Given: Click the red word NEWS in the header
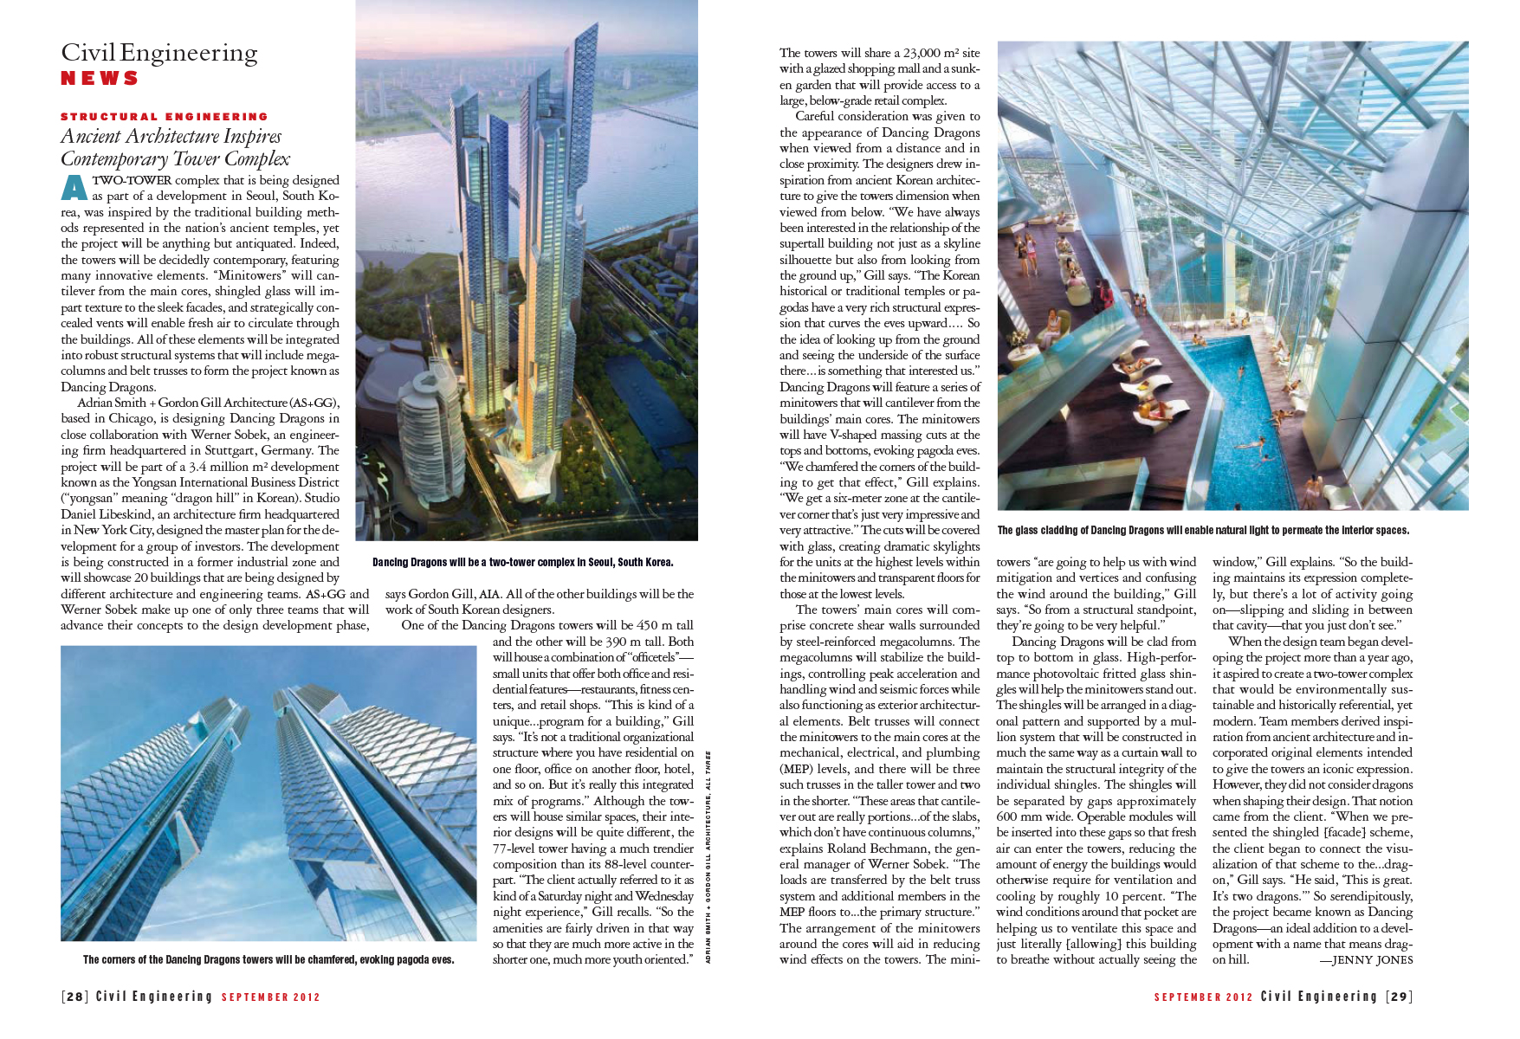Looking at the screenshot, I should coord(100,78).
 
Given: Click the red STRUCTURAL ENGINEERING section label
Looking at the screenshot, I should coord(165,116).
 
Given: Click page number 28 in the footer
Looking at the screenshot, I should coord(74,997).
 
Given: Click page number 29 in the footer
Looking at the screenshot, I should coord(1399,997).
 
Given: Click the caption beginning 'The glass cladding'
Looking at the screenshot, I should coord(1203,530).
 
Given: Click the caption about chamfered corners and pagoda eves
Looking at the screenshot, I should coord(268,959).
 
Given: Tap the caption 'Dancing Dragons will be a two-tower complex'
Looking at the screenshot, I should coord(522,562).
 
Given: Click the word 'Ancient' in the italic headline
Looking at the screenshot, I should coord(91,137).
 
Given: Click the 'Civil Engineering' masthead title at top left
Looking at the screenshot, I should coord(159,53).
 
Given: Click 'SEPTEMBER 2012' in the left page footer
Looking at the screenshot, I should coord(271,997).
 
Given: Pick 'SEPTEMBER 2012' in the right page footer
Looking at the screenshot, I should coord(1203,997).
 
